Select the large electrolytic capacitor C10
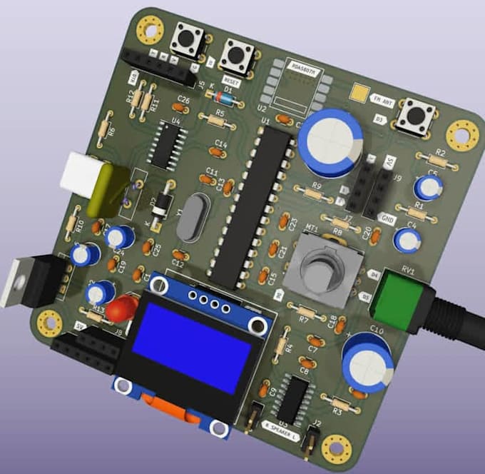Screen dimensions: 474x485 (367, 361)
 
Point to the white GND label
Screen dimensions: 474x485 (388, 219)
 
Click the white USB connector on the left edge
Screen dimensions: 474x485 (79, 174)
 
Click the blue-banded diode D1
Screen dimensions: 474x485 (223, 99)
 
